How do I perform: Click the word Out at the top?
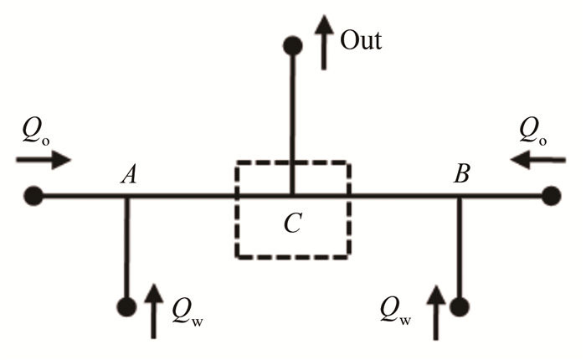[361, 39]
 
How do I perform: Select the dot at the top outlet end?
[292, 45]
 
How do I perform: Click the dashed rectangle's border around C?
[235, 209]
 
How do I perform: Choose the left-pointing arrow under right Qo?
[534, 158]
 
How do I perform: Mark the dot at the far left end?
[33, 197]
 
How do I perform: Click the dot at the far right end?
[550, 197]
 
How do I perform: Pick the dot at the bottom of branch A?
[127, 306]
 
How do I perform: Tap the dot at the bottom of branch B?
[459, 306]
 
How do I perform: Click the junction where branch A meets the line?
[127, 198]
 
